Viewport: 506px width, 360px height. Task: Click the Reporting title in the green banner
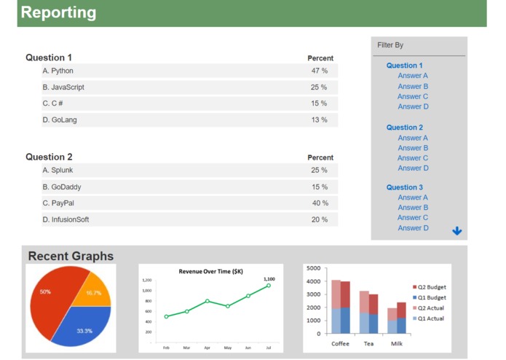point(58,12)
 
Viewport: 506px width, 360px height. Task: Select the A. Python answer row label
point(58,71)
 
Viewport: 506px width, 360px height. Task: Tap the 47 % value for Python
point(319,71)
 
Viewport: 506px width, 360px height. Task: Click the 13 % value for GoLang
point(319,120)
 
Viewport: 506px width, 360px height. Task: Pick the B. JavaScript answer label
point(63,87)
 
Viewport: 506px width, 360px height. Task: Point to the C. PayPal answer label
point(58,203)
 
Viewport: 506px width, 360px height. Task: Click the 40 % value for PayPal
point(320,203)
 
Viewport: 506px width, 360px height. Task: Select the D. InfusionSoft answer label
point(66,219)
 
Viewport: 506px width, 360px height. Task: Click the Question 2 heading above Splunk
point(49,157)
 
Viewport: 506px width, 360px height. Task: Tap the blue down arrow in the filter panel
point(456,231)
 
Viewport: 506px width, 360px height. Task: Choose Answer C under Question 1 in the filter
point(413,96)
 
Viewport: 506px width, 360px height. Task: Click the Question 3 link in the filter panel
point(404,187)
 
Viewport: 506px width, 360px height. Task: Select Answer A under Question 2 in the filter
point(413,138)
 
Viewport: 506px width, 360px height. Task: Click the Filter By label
point(390,45)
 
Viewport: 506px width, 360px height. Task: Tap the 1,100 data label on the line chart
point(269,279)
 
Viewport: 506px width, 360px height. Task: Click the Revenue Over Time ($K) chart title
point(210,271)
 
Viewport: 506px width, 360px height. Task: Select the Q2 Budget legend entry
point(432,287)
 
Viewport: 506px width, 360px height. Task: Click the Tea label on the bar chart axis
point(368,343)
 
